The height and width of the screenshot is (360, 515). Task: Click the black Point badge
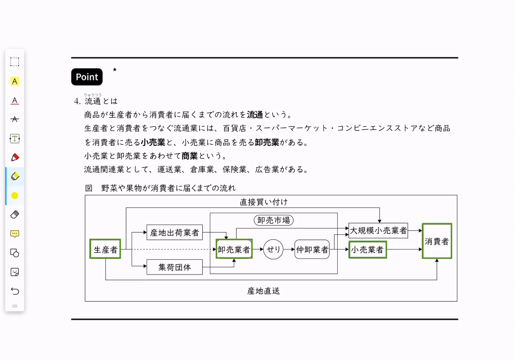87,77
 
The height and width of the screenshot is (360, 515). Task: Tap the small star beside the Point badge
115,70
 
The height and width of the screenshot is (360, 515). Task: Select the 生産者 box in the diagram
105,249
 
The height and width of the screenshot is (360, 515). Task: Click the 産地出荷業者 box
174,232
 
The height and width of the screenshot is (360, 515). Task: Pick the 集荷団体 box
174,267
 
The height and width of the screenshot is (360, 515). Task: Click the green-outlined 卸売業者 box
234,249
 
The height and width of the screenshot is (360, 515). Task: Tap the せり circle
273,249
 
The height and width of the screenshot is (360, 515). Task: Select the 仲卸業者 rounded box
312,249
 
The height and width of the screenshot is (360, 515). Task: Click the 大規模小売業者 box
378,230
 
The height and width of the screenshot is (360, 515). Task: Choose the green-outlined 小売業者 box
368,249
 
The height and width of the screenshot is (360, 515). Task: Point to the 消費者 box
437,241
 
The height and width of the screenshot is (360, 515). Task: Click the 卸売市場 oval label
274,220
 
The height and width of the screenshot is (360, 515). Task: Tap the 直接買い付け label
264,202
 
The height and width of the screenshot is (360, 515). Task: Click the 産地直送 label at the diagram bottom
263,291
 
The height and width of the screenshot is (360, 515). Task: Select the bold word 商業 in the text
189,156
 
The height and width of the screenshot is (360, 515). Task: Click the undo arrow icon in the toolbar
15,291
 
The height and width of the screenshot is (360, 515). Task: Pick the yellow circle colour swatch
15,196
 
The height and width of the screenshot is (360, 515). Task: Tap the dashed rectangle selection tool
15,62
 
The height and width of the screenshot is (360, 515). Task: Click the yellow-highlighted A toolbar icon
15,81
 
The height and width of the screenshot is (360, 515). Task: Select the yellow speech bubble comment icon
15,234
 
